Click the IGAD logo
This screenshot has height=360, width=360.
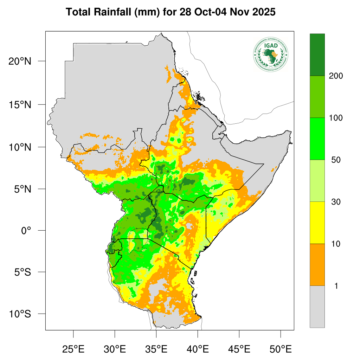point(270,54)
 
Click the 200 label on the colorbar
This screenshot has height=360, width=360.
point(336,76)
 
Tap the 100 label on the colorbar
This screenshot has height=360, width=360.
point(336,118)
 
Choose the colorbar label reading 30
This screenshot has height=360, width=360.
point(336,202)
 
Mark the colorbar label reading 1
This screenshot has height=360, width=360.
point(336,286)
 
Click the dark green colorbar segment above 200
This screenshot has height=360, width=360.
point(317,54)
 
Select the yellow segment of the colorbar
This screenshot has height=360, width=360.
point(317,223)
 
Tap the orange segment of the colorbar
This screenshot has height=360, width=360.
point(317,264)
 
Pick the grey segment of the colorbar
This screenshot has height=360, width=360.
point(317,306)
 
